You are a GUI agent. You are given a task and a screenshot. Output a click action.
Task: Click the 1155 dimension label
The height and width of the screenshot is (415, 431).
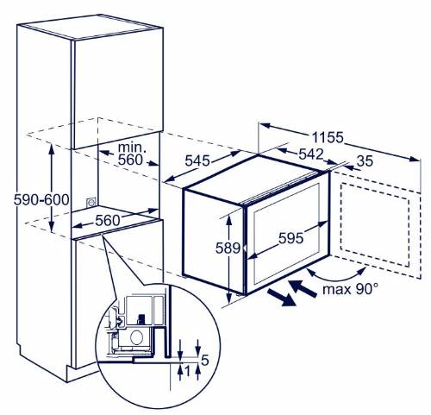click(328, 137)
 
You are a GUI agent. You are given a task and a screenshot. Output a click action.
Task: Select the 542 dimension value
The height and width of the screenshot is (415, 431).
click(311, 154)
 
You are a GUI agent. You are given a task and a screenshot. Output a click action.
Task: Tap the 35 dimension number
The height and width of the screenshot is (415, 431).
click(365, 161)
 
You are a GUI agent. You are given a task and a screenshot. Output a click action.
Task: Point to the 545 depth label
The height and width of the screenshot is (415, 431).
click(197, 160)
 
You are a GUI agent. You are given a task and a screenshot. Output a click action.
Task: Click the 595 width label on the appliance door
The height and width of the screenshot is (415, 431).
click(290, 238)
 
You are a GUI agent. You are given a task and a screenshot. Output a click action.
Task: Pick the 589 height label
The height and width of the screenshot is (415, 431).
click(228, 248)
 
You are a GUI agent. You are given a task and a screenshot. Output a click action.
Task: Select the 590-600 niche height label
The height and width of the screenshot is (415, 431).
click(41, 200)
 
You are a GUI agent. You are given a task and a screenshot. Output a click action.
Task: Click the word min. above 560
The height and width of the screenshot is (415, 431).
click(132, 148)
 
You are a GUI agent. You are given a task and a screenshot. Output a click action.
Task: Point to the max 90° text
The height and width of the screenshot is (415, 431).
click(350, 289)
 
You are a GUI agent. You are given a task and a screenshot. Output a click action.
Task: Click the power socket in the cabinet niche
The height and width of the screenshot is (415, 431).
click(91, 202)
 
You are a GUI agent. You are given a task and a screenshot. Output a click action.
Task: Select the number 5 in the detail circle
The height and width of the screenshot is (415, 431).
click(204, 360)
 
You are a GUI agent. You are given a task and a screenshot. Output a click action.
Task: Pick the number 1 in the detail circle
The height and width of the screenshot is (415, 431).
click(187, 372)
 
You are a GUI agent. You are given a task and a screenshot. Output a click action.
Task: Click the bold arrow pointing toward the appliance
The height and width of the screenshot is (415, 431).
click(303, 288)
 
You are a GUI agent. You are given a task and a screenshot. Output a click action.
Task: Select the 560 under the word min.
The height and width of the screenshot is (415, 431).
click(130, 160)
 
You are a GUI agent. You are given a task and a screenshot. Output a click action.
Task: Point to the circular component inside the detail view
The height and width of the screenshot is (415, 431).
click(137, 336)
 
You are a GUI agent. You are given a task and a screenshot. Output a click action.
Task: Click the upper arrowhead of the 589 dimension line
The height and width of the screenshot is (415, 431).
click(228, 219)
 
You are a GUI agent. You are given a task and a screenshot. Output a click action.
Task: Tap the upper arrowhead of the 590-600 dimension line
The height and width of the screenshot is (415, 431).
click(52, 148)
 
